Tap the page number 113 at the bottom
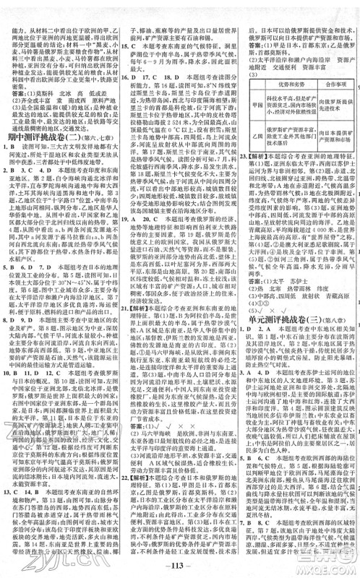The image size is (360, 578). [x=181, y=566]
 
